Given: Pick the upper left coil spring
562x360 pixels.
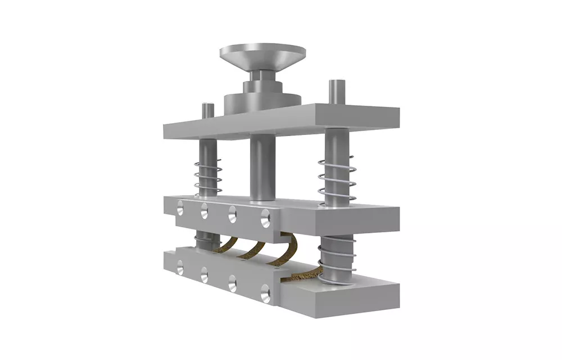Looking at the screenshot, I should pos(207,175).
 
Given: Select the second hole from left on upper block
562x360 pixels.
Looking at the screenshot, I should pos(203,211).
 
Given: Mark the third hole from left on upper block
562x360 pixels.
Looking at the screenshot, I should pos(232,216).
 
